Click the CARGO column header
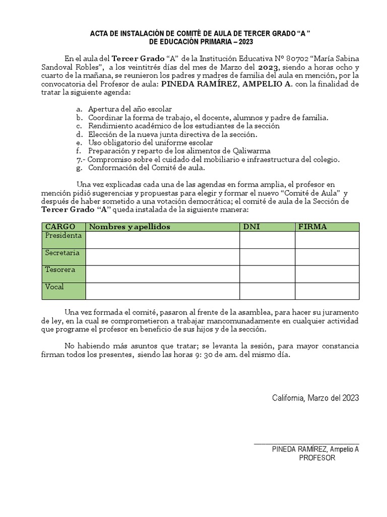pos(60,227)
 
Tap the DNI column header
pos(251,227)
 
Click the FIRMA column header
pos(312,227)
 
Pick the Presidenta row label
pos(63,236)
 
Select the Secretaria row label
pos(62,252)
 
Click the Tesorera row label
pos(60,270)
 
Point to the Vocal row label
pos(54,287)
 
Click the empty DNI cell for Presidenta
pos(267,240)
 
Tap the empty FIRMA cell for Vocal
pos(327,291)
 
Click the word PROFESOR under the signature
pos(317,458)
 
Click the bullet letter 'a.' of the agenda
pos(79,109)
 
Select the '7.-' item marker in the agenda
pos(80,159)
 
